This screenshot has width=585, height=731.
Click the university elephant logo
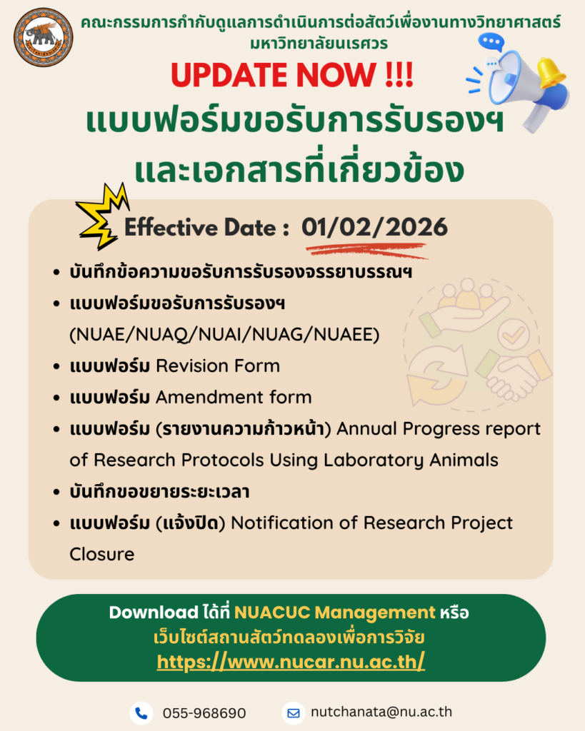pyautogui.click(x=44, y=37)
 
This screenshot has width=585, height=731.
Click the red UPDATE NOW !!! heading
pyautogui.click(x=292, y=74)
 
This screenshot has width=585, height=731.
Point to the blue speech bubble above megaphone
pyautogui.click(x=491, y=41)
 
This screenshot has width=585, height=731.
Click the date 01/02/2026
pyautogui.click(x=374, y=227)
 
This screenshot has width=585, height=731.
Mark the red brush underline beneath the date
pyautogui.click(x=366, y=251)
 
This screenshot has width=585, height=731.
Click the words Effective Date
pyautogui.click(x=201, y=228)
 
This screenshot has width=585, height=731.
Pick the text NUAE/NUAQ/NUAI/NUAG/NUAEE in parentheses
pyautogui.click(x=224, y=335)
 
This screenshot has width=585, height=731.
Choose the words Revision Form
pyautogui.click(x=218, y=366)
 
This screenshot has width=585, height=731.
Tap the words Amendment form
pyautogui.click(x=234, y=397)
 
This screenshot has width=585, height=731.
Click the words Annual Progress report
pyautogui.click(x=439, y=429)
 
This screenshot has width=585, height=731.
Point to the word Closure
pyautogui.click(x=101, y=554)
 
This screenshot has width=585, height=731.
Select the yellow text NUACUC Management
pyautogui.click(x=334, y=612)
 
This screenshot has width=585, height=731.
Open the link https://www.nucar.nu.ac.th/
pyautogui.click(x=291, y=662)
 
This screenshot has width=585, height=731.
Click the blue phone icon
pyautogui.click(x=141, y=713)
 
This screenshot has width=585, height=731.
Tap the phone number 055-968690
pyautogui.click(x=204, y=713)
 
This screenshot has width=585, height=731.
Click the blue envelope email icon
pyautogui.click(x=294, y=713)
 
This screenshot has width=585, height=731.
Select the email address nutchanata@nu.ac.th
pyautogui.click(x=381, y=712)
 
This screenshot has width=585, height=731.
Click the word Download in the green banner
pyautogui.click(x=154, y=612)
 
